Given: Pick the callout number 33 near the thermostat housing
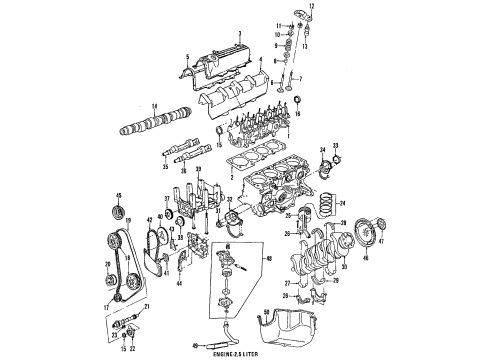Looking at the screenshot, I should pyautogui.click(x=335, y=147).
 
